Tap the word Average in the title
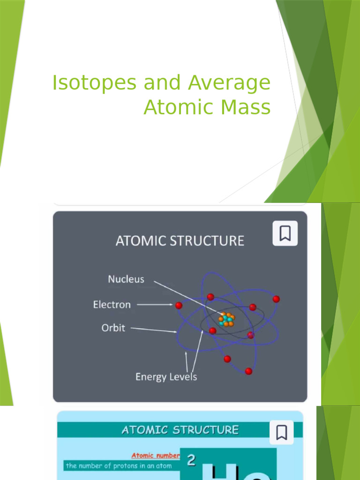(229, 83)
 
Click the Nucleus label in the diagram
(126, 279)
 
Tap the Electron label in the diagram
(112, 305)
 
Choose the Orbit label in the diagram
(113, 328)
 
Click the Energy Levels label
(166, 377)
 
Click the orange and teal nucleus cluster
(226, 319)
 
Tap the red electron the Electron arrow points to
(179, 305)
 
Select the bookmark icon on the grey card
(285, 233)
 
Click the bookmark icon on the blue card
(281, 432)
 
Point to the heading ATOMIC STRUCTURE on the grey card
(180, 241)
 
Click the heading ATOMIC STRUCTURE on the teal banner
(180, 430)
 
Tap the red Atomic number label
(155, 455)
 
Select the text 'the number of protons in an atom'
(119, 466)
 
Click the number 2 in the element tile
(191, 461)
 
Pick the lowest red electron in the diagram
(248, 371)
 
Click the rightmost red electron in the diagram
(276, 299)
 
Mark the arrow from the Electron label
(155, 305)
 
